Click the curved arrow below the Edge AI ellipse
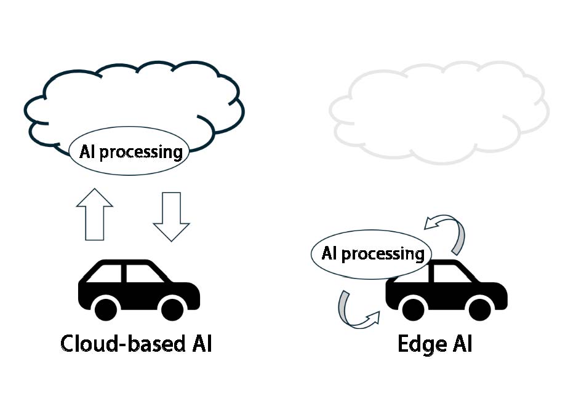tap(354, 311)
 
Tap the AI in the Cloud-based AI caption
tap(199, 343)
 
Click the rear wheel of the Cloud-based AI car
tap(106, 308)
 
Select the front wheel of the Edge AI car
tap(480, 308)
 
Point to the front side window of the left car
tap(143, 272)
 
